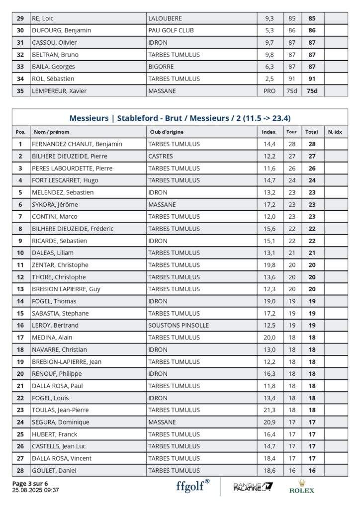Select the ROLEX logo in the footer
[302, 486]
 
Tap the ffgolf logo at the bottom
[192, 486]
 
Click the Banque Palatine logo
[253, 486]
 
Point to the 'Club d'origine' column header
[167, 132]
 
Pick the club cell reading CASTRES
[161, 156]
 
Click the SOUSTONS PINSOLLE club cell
[179, 325]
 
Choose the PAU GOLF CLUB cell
[171, 30]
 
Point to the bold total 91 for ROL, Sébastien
[312, 79]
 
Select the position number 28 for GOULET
[20, 470]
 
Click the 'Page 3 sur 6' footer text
[30, 483]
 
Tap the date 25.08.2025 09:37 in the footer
[35, 490]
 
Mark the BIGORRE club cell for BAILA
[162, 67]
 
